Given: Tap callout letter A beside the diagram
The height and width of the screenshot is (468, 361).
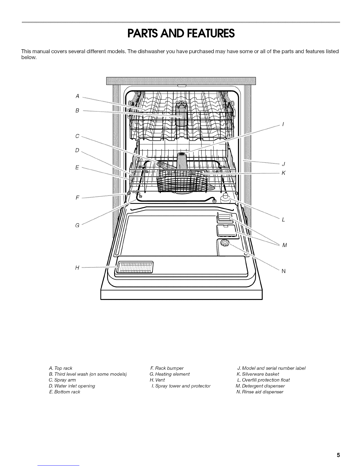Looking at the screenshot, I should (77, 96).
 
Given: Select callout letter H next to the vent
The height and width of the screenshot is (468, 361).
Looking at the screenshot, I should (77, 268).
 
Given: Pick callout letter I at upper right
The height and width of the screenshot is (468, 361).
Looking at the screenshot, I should (283, 124).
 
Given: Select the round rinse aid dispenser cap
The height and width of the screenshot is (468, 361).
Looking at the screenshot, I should (225, 244).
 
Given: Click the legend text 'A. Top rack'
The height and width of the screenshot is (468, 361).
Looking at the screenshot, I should (61, 368).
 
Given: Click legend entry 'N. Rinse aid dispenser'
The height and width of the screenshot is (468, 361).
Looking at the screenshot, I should (260, 392).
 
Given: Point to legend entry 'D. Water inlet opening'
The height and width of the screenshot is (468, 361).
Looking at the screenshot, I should (72, 386).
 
